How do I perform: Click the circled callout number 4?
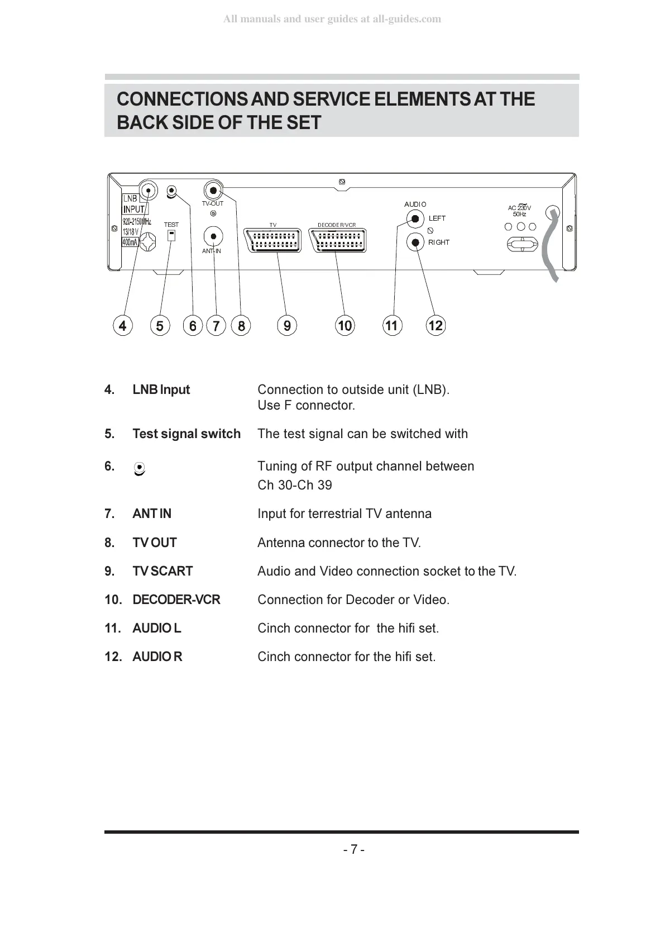click(x=122, y=325)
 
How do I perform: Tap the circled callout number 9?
click(x=287, y=325)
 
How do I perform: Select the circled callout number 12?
click(x=436, y=325)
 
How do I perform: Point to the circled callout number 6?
click(x=193, y=325)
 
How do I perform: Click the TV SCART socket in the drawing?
click(x=273, y=240)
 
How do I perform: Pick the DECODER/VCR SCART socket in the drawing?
click(x=337, y=240)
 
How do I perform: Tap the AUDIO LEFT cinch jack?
click(x=414, y=218)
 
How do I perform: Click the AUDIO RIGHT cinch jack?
click(x=414, y=242)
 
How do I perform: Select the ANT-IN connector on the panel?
click(x=213, y=236)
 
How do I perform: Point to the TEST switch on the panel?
click(x=171, y=234)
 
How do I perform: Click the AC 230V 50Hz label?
click(x=519, y=211)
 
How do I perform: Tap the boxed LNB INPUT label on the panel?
click(x=134, y=205)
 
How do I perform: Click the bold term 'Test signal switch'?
click(x=186, y=434)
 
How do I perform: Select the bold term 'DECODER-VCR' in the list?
click(x=176, y=600)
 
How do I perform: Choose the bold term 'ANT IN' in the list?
click(x=152, y=514)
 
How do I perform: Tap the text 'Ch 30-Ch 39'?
click(x=295, y=485)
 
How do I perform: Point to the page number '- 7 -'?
click(x=354, y=849)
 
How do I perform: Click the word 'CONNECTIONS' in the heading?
click(x=181, y=99)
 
